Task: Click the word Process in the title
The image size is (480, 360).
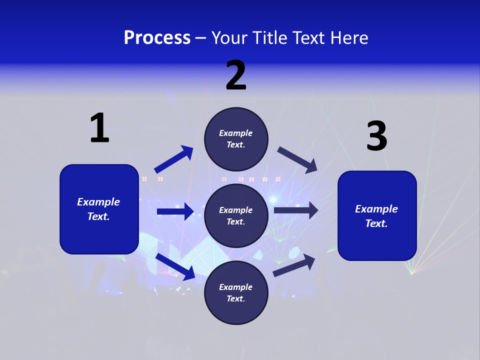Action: (x=157, y=38)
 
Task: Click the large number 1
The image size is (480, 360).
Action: (x=99, y=128)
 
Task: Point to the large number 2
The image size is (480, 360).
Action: (x=236, y=75)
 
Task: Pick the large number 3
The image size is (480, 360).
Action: (x=376, y=136)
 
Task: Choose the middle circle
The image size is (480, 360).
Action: (x=236, y=215)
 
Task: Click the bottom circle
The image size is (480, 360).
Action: (x=236, y=292)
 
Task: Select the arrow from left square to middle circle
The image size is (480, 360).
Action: (x=175, y=211)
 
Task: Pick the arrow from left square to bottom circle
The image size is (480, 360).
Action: (x=175, y=266)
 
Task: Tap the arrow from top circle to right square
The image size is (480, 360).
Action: (x=297, y=160)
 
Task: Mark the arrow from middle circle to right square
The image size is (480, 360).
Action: (x=295, y=210)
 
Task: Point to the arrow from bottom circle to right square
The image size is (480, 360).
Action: (x=294, y=265)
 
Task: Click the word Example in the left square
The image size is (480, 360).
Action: (x=98, y=202)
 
